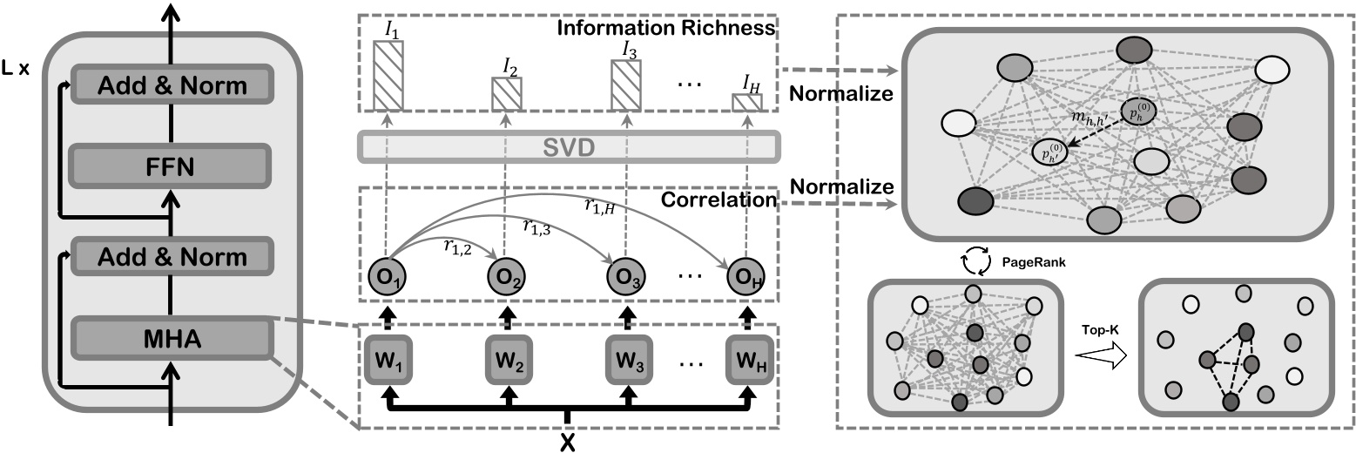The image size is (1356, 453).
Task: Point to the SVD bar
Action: point(568,147)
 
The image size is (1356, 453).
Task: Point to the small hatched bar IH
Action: point(746,102)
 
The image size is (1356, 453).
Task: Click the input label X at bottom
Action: point(567,442)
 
